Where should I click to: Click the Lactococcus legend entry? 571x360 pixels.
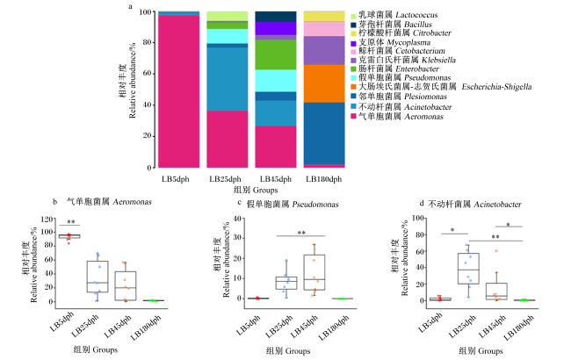[x=394, y=15]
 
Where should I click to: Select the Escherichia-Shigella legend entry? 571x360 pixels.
[x=441, y=87]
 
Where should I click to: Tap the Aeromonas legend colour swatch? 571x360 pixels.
[x=353, y=117]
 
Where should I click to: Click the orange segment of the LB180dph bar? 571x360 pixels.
[x=324, y=83]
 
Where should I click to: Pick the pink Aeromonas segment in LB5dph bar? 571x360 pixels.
[x=179, y=91]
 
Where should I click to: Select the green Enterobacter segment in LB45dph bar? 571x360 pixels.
[x=276, y=54]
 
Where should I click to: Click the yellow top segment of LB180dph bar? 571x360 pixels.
[x=324, y=17]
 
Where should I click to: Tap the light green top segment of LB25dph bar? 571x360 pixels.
[x=228, y=16]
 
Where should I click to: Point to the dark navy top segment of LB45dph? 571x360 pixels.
[x=276, y=17]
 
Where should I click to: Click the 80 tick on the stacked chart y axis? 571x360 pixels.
[x=145, y=43]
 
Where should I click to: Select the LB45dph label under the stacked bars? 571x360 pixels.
[x=276, y=179]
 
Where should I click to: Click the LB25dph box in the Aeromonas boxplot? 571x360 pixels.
[x=98, y=277]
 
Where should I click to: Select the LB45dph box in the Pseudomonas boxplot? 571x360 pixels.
[x=314, y=272]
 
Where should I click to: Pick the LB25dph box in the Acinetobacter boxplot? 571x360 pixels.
[x=468, y=269]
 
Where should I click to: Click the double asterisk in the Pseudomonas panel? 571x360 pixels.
[x=301, y=233]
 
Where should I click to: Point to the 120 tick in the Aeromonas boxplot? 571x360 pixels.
[x=47, y=220]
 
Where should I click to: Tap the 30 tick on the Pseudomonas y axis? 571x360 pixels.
[x=237, y=238]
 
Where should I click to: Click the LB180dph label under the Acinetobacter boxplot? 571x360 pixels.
[x=519, y=328]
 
